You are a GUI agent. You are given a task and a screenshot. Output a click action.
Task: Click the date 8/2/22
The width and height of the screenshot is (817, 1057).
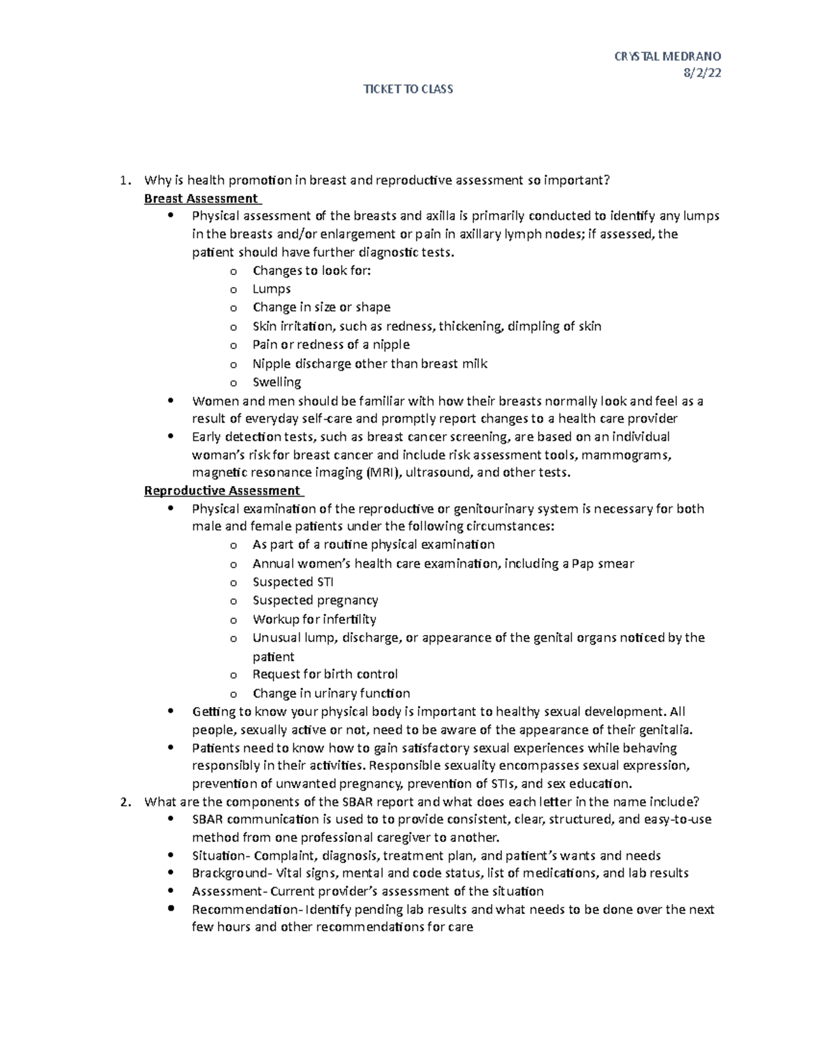click(x=702, y=74)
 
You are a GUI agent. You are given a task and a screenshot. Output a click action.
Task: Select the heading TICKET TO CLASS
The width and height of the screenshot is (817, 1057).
click(x=408, y=89)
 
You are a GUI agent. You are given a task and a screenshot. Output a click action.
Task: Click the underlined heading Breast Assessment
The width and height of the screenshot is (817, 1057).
click(x=202, y=199)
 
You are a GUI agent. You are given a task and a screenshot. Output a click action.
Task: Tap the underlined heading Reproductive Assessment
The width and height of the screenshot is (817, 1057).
click(x=222, y=491)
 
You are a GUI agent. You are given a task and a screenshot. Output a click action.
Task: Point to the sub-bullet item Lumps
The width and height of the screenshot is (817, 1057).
click(x=271, y=289)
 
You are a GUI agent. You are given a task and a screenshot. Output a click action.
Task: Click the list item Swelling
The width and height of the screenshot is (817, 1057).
click(x=276, y=382)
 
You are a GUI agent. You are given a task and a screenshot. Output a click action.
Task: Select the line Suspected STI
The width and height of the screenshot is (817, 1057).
click(x=293, y=582)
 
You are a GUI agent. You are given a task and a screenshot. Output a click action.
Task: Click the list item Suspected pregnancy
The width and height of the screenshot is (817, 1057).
click(x=315, y=600)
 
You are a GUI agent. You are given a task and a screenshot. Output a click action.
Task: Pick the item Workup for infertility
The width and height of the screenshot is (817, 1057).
click(x=314, y=619)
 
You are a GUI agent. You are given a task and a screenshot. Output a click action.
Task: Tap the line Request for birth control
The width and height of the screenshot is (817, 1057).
click(x=325, y=674)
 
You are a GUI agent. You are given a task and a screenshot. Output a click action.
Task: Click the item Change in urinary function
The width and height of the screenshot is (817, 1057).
click(x=331, y=694)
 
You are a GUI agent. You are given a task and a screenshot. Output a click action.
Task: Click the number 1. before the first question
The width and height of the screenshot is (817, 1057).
click(x=123, y=180)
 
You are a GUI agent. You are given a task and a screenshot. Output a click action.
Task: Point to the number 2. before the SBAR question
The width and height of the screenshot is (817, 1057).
click(x=123, y=801)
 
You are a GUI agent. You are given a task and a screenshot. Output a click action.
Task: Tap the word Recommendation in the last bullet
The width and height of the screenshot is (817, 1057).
click(x=245, y=910)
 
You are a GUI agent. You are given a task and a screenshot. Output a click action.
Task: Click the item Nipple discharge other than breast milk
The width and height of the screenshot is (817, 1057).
click(x=370, y=363)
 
